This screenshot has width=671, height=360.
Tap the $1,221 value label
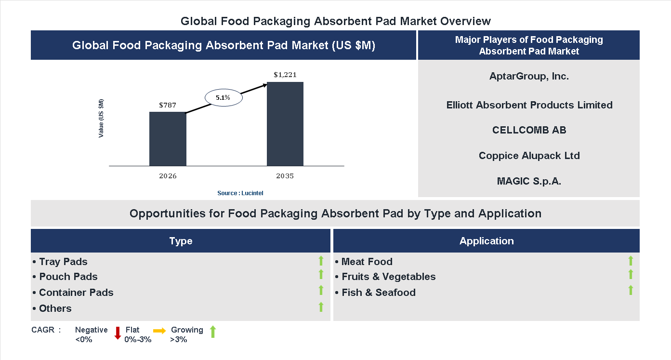(285, 75)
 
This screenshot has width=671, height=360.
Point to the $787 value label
(168, 105)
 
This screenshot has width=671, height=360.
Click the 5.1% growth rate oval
(223, 97)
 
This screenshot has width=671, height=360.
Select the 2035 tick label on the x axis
(285, 176)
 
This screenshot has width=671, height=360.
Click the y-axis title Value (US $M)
(101, 118)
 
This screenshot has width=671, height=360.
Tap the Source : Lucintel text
(240, 193)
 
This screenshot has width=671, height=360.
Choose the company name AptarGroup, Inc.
(529, 76)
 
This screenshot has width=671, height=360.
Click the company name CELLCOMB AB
(529, 130)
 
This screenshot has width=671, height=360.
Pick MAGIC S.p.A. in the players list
(529, 181)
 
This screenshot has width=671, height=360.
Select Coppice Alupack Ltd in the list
(529, 156)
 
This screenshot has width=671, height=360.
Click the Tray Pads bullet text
(60, 262)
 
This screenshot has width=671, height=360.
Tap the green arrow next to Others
(321, 307)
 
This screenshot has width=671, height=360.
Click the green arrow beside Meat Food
(631, 261)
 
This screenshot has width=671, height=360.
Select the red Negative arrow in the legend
(117, 333)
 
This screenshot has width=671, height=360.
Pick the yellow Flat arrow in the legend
(159, 331)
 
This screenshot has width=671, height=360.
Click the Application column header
(487, 241)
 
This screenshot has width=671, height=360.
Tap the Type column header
(181, 241)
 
